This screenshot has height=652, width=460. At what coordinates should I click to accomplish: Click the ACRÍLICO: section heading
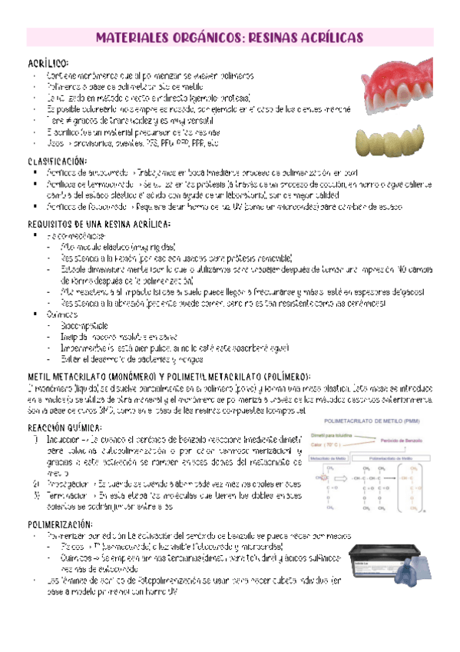[x=47, y=62]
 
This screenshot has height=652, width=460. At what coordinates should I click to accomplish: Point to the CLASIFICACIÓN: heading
[x=58, y=161]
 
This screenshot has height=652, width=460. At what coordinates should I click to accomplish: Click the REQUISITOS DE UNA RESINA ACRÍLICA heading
[x=98, y=225]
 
